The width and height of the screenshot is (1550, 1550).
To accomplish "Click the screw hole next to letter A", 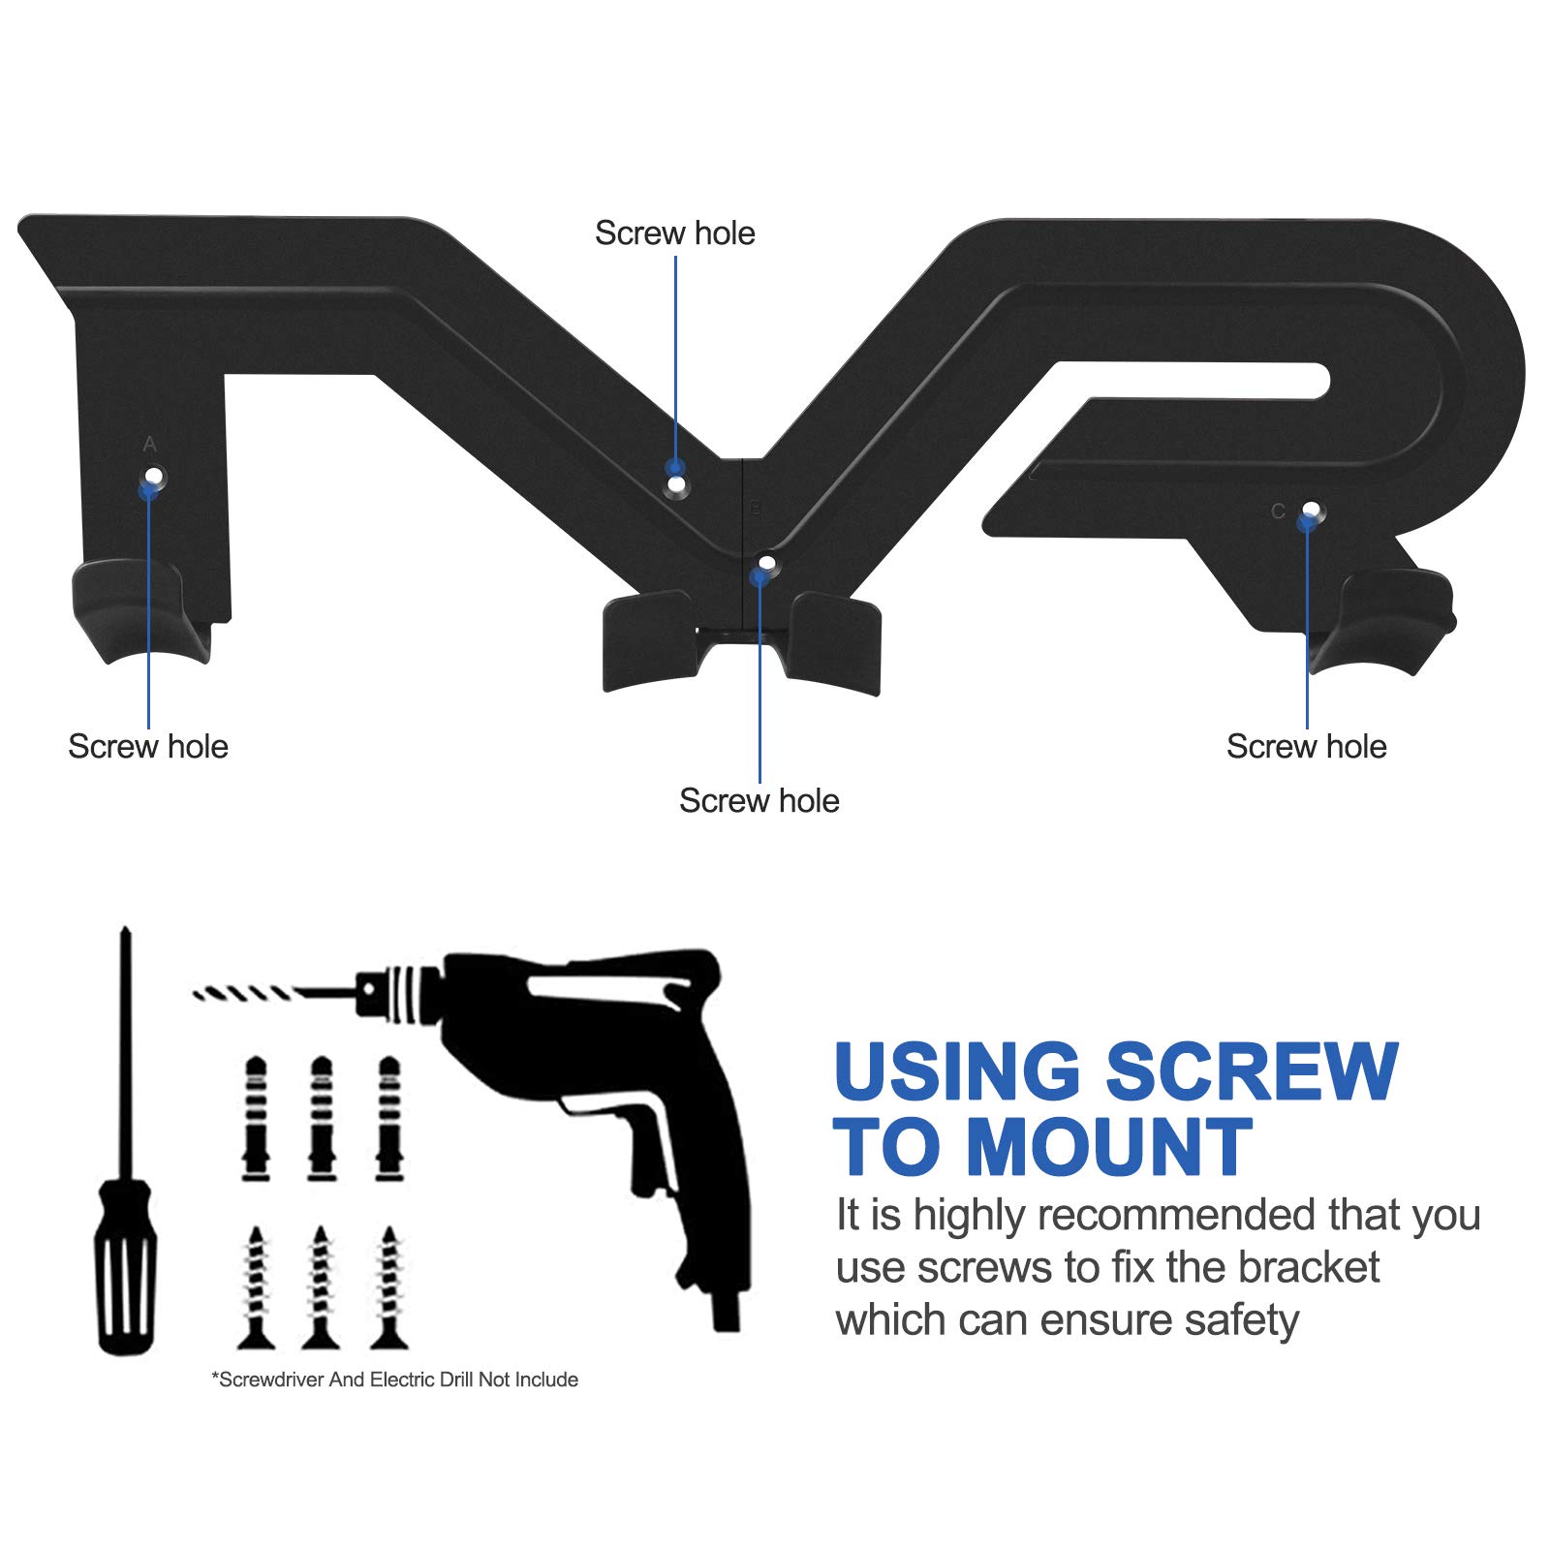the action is (x=154, y=476).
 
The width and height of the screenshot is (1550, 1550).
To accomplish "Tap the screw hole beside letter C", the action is (x=1311, y=509).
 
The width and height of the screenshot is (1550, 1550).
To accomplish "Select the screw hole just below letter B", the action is (x=767, y=562).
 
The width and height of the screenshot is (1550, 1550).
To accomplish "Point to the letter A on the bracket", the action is (x=149, y=445).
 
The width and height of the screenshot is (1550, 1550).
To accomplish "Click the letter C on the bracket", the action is (x=1279, y=511).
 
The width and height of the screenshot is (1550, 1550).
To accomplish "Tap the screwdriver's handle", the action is (x=125, y=1265).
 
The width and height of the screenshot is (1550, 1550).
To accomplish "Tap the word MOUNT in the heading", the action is (x=1110, y=1147).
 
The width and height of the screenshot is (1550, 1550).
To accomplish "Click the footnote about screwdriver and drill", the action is (x=395, y=1379).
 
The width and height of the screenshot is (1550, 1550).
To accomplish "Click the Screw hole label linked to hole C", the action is (x=1306, y=746).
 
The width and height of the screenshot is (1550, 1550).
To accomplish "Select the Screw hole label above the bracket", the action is (x=675, y=232).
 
